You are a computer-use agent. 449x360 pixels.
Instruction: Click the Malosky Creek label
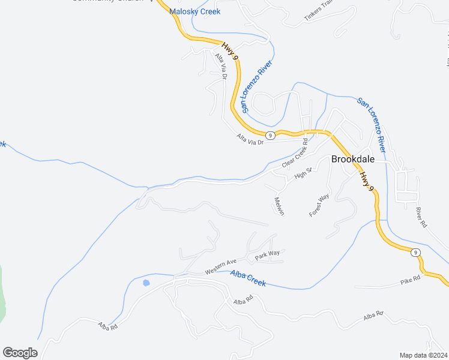[194, 11]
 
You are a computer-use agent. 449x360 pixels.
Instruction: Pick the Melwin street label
[279, 206]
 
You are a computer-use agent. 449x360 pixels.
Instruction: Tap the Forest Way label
[319, 205]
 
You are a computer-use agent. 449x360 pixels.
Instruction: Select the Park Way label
[267, 254]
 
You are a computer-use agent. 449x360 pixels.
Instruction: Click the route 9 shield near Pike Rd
[415, 253]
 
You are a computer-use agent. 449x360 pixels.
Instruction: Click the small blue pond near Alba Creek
[146, 283]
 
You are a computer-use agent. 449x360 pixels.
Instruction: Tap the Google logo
[20, 353]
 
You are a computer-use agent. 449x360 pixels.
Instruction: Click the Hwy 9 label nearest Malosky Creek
[231, 50]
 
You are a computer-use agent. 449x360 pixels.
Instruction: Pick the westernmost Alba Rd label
[107, 325]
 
